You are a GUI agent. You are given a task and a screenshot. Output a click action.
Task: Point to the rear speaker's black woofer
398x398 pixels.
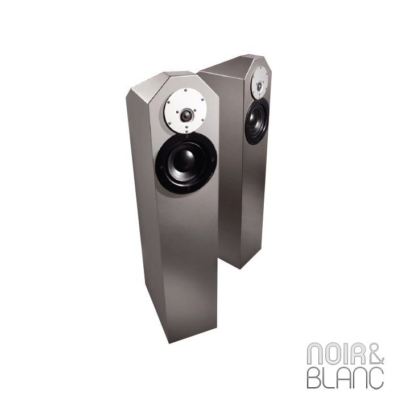tap(257, 121)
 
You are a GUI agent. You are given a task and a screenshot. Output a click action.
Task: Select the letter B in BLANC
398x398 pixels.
tap(314, 378)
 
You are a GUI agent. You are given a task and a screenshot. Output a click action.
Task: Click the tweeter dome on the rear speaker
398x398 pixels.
tap(259, 86)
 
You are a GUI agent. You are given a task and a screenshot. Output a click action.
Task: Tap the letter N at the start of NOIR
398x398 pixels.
tap(315, 354)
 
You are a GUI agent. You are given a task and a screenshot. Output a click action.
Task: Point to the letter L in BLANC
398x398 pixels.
tap(330, 378)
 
